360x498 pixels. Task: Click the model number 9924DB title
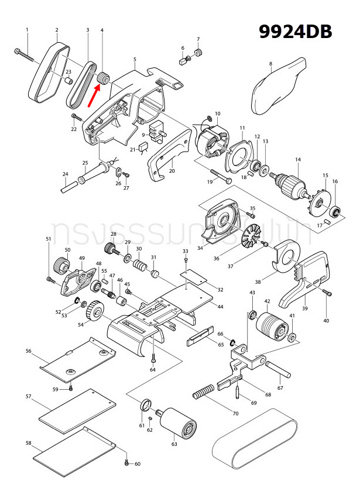click(x=296, y=32)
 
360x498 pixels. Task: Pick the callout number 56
click(x=28, y=351)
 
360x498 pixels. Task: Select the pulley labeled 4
click(x=106, y=77)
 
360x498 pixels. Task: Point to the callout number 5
click(x=135, y=60)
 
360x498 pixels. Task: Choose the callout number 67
click(x=280, y=387)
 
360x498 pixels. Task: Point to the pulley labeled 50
click(x=61, y=266)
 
